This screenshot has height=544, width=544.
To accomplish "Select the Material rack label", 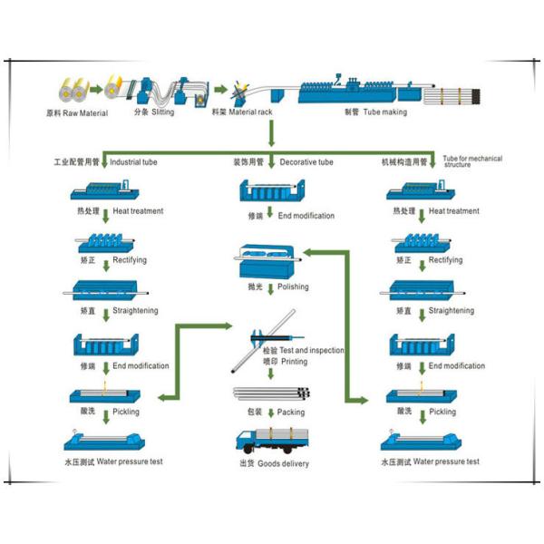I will (x=245, y=113).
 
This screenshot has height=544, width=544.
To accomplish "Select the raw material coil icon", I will (x=71, y=89).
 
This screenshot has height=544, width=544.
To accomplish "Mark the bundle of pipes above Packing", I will (x=272, y=393).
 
